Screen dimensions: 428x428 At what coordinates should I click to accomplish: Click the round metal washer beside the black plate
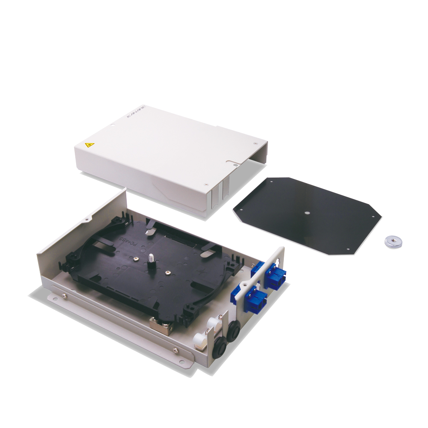pos(392,241)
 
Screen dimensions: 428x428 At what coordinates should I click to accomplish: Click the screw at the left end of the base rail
pos(64,294)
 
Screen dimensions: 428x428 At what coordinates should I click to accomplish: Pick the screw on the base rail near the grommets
pos(175,351)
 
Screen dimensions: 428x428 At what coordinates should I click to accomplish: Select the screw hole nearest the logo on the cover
pos(113,125)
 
